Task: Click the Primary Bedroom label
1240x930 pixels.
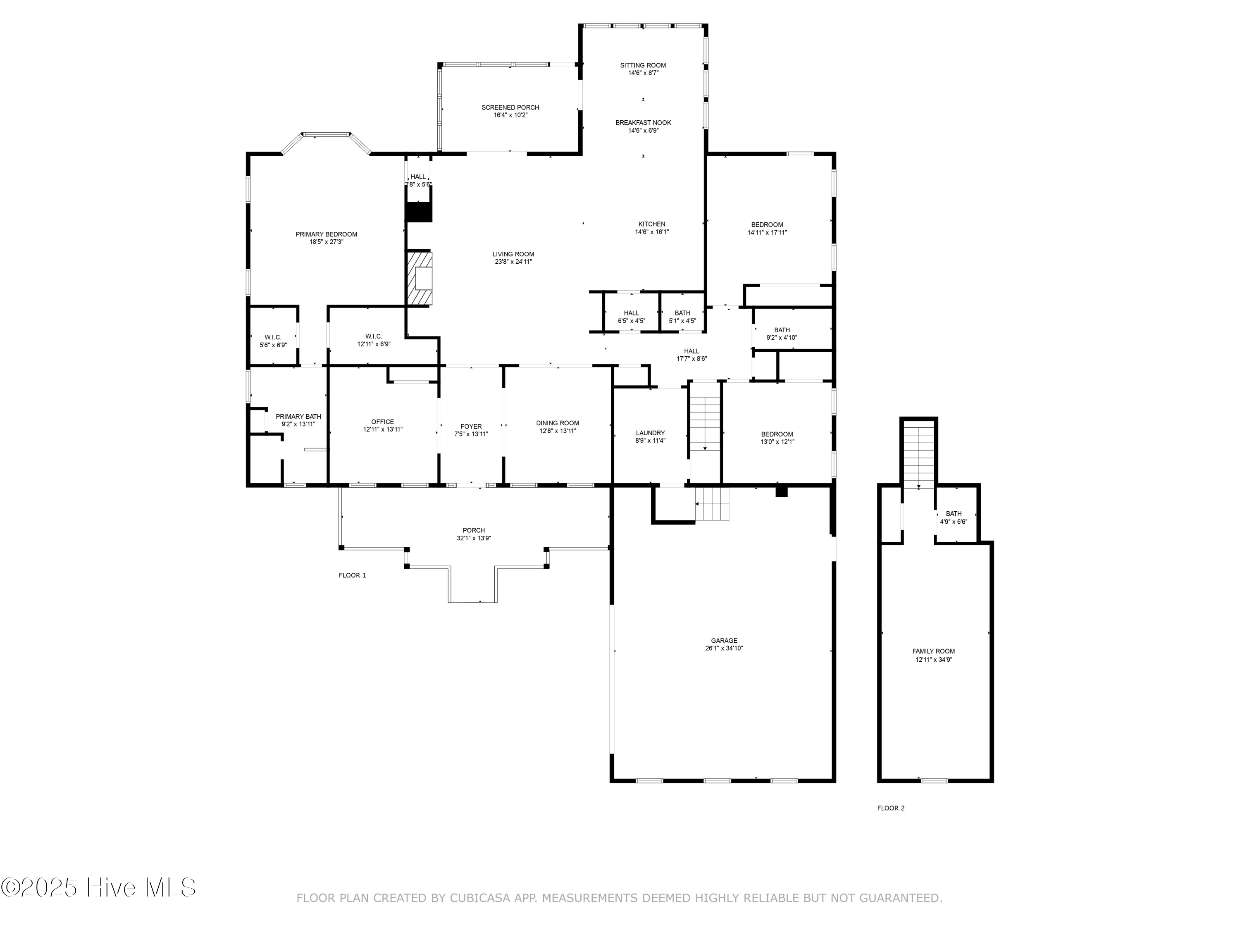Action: pos(326,234)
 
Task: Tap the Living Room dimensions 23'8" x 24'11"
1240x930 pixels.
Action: pos(513,262)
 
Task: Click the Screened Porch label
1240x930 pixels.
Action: pos(510,107)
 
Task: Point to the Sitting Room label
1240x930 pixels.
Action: pos(643,66)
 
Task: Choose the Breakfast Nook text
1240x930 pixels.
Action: pos(643,123)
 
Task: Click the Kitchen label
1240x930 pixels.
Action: pos(651,224)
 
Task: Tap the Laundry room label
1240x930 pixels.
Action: pos(650,433)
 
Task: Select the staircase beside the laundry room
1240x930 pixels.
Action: pos(705,423)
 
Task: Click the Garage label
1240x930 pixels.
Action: pos(724,640)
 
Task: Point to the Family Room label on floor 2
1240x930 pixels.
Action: pos(933,651)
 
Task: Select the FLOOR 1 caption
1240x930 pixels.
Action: pos(352,575)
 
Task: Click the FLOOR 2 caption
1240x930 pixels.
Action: pos(891,808)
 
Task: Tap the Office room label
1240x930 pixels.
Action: pos(382,422)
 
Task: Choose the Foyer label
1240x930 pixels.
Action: pos(471,426)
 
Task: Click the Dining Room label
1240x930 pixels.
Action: pos(557,423)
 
